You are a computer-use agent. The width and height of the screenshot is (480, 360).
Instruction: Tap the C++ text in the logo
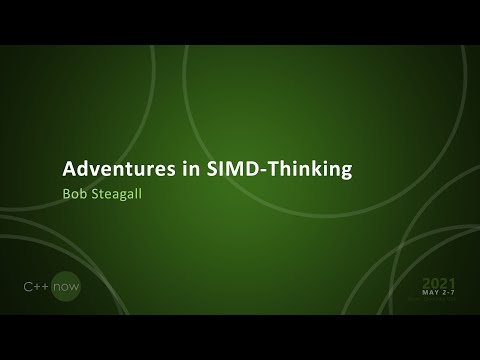click(37, 288)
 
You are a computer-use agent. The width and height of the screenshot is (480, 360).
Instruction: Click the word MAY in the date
click(429, 294)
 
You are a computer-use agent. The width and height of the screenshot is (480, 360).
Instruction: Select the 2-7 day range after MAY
click(447, 294)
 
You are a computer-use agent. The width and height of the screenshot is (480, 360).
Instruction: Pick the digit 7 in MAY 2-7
click(451, 294)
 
